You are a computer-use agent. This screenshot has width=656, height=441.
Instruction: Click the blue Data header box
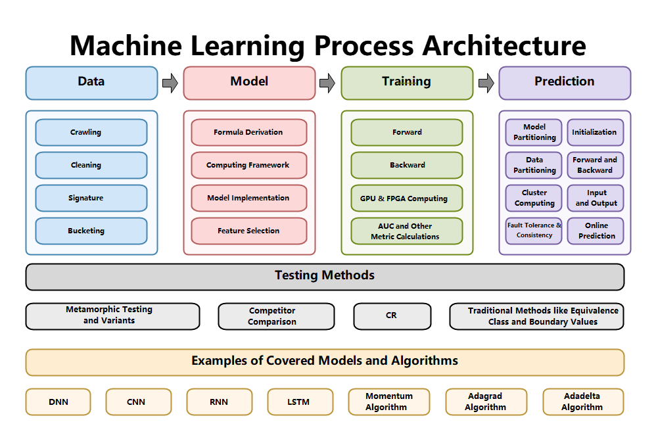click(x=91, y=82)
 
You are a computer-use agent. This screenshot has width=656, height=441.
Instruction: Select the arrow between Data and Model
click(x=170, y=83)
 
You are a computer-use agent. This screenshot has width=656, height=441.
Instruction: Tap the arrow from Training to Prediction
click(x=486, y=83)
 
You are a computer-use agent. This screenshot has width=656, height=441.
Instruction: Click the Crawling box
click(x=91, y=132)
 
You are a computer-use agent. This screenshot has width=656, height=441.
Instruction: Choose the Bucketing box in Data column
click(x=91, y=231)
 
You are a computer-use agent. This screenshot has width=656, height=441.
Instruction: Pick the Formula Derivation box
click(x=248, y=132)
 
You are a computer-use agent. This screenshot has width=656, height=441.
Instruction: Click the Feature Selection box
click(x=248, y=231)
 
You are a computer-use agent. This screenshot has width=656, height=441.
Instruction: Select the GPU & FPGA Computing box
click(x=406, y=198)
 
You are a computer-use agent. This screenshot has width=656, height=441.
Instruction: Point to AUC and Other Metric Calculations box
click(x=406, y=231)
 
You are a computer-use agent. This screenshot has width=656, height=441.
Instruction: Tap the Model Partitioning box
click(x=534, y=132)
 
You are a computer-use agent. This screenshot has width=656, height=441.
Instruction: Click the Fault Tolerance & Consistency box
click(x=534, y=231)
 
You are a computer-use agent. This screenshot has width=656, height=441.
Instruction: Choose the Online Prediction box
click(x=596, y=231)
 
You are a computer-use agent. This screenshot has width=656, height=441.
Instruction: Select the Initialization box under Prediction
click(x=596, y=132)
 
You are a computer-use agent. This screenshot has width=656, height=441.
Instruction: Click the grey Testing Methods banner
click(x=325, y=276)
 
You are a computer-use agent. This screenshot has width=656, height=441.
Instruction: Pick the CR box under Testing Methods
click(x=392, y=316)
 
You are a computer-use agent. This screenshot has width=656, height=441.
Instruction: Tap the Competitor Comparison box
click(x=276, y=316)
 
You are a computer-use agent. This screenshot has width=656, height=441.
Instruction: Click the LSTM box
click(x=299, y=402)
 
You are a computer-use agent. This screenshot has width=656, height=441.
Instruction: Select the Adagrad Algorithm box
click(x=486, y=402)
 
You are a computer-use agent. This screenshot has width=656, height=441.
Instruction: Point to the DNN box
click(x=58, y=402)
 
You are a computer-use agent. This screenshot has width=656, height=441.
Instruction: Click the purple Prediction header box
click(x=564, y=82)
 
